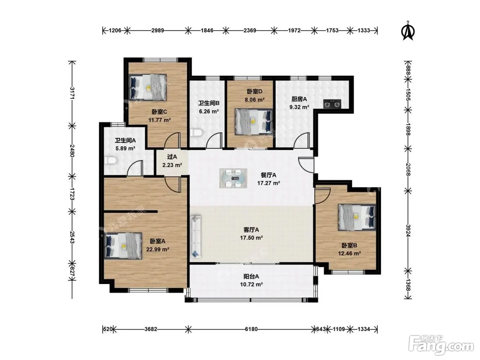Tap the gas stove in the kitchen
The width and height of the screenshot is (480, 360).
(332, 104)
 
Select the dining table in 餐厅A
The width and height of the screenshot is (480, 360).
(233, 178)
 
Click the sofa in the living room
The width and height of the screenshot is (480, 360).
(196, 236)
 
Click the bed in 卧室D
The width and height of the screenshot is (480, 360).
(254, 121)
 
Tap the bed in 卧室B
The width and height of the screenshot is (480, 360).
(357, 217)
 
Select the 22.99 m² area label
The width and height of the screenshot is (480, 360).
(158, 249)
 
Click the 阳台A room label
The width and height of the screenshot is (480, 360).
(251, 276)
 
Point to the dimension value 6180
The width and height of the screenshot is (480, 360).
(251, 329)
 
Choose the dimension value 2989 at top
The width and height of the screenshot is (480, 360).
(158, 30)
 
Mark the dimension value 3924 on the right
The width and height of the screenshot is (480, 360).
(408, 230)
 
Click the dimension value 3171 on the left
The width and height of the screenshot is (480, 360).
(72, 93)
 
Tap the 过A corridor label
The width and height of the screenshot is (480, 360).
(172, 156)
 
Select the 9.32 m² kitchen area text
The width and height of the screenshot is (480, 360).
(299, 107)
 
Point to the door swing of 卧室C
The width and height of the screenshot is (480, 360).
(172, 140)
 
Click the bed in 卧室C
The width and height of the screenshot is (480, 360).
(148, 87)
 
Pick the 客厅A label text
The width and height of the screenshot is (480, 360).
(251, 230)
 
